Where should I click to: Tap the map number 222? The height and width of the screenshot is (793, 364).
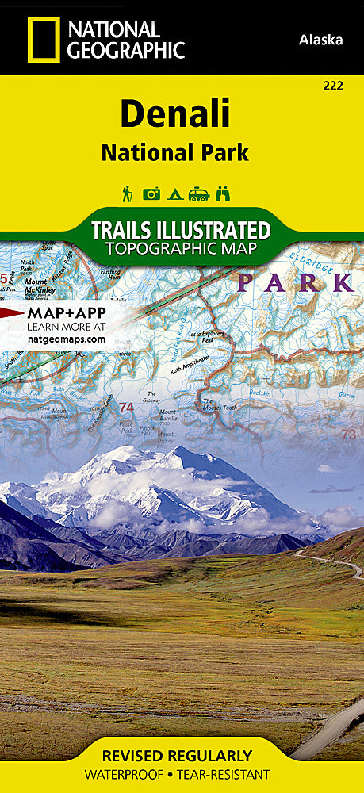click(333, 86)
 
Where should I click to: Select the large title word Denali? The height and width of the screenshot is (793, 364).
click(174, 115)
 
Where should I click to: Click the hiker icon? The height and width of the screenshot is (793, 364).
click(127, 193)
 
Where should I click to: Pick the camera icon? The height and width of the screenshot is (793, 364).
click(151, 193)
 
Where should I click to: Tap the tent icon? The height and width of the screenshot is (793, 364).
click(175, 193)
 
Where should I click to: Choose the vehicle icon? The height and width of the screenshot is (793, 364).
click(199, 193)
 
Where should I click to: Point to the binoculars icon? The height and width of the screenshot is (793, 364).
click(224, 193)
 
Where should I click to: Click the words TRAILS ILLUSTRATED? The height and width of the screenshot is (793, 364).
click(181, 231)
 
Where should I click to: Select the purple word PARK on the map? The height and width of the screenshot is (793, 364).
click(295, 282)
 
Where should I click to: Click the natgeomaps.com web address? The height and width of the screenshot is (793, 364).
click(67, 339)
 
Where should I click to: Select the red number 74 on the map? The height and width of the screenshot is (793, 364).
click(125, 408)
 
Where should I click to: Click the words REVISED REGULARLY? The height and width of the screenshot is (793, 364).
click(182, 756)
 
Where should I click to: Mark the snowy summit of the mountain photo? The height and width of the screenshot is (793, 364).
click(127, 454)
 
